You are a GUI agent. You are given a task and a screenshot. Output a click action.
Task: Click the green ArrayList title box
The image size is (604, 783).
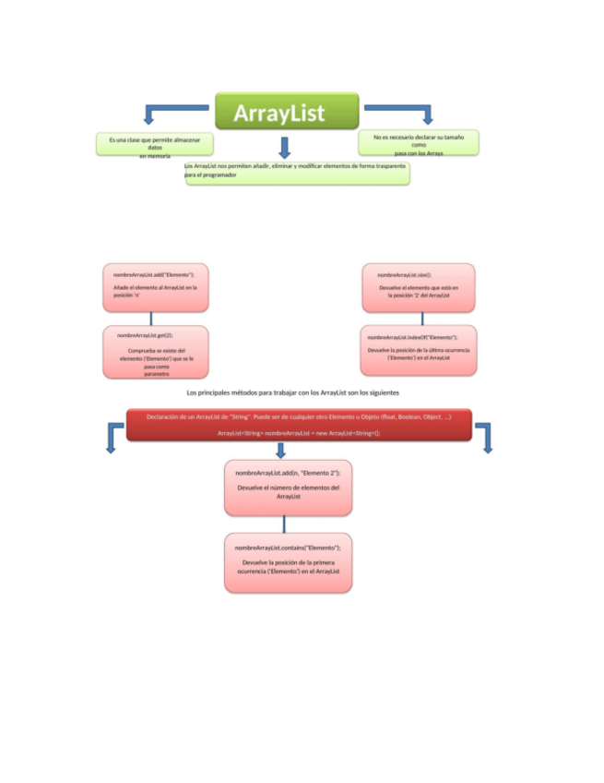[x=287, y=111]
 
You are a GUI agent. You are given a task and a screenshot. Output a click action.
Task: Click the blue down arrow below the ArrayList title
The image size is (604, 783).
[x=285, y=147]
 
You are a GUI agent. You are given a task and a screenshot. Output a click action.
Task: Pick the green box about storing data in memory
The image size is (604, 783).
[x=155, y=144]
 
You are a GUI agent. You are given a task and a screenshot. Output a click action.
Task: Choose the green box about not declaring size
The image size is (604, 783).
[x=418, y=142]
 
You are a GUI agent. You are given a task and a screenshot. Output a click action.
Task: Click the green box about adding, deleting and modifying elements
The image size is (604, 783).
[x=297, y=173]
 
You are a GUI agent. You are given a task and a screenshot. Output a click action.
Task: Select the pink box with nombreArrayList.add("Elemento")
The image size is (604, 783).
[x=155, y=287]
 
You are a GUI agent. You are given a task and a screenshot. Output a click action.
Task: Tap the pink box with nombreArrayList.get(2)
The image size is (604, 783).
[x=155, y=352]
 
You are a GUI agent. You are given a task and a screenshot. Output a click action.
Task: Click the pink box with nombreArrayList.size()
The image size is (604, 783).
[x=418, y=287]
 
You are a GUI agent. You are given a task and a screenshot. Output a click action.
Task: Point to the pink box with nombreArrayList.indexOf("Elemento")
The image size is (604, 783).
[x=418, y=350]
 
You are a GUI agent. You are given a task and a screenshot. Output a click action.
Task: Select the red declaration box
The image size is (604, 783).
[x=299, y=425]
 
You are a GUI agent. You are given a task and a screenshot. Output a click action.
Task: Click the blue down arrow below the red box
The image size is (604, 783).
[x=281, y=450]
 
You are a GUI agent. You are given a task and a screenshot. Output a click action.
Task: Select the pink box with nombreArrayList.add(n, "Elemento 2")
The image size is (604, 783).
[x=288, y=488]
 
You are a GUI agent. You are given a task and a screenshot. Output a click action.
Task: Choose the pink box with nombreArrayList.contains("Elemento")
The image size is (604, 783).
[x=288, y=562]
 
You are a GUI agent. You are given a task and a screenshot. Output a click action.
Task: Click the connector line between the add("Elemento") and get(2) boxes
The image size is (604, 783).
[x=151, y=319]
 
